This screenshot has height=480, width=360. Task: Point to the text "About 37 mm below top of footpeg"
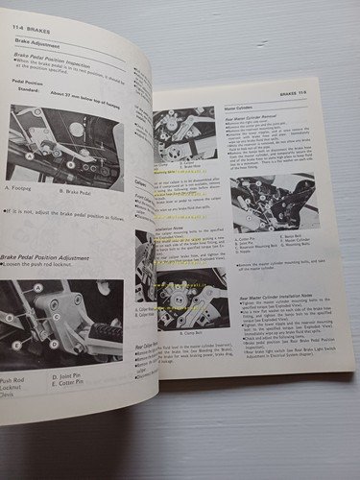point(97,93)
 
